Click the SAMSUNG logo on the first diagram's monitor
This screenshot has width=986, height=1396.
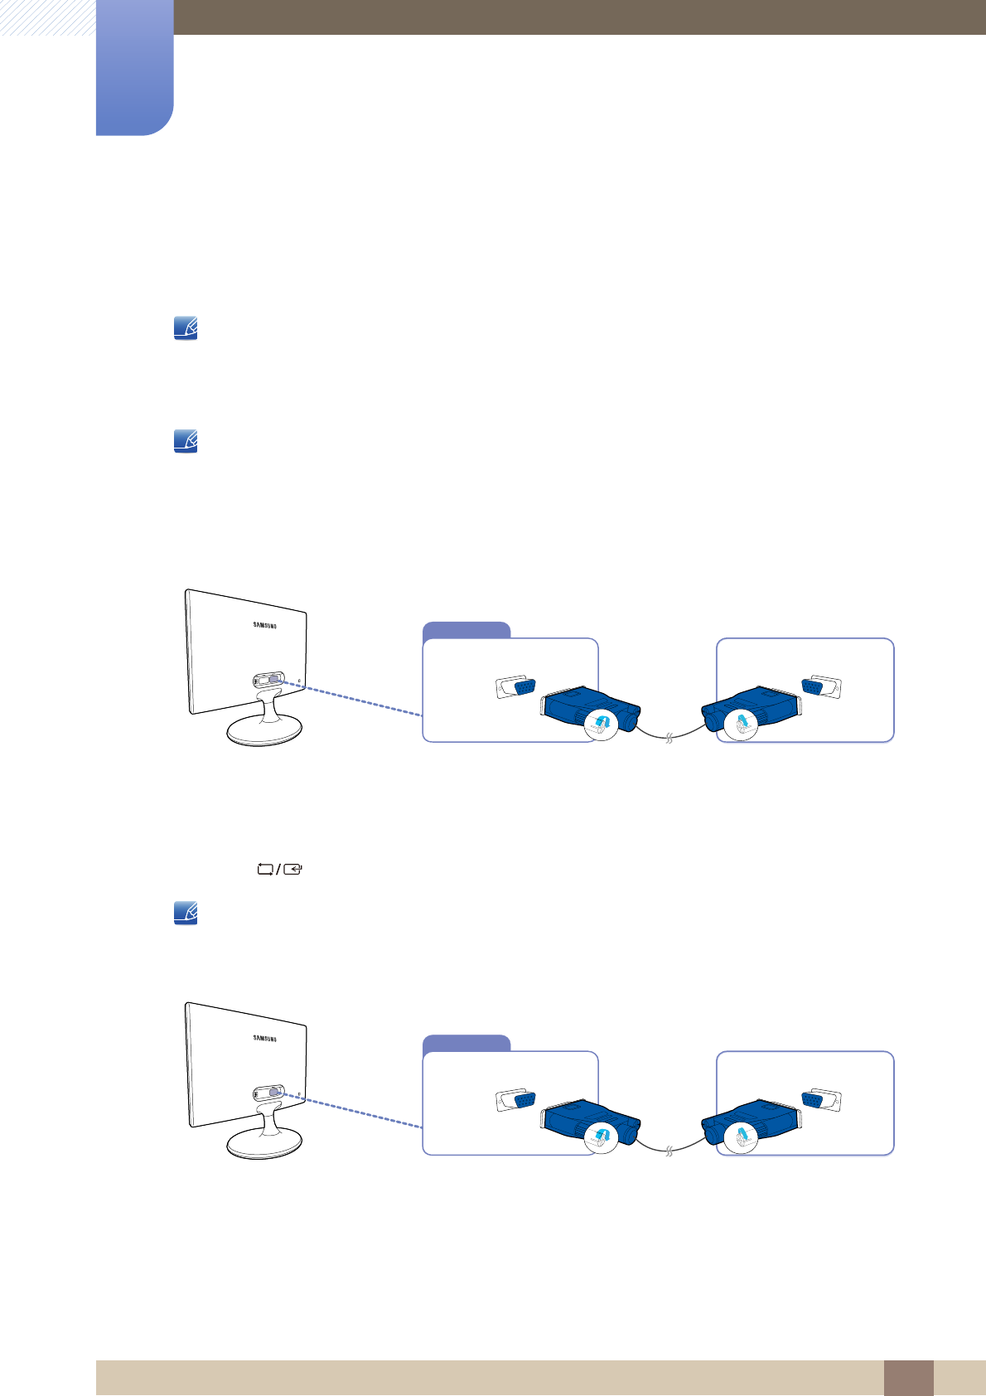(x=264, y=626)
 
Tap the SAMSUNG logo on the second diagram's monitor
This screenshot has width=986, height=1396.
(x=264, y=1039)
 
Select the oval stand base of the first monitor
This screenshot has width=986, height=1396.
(x=264, y=731)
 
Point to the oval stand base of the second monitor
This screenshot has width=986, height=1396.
(x=264, y=1144)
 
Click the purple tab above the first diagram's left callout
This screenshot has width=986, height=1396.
(x=466, y=630)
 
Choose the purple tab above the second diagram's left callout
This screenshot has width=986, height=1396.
(x=466, y=1043)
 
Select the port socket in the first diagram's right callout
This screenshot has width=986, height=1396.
(x=821, y=686)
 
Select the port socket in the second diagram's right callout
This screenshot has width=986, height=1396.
(x=821, y=1100)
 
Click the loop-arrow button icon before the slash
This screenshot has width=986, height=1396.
(x=265, y=870)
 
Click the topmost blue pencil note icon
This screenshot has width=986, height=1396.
(x=186, y=330)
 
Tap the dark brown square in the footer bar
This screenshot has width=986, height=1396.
(x=908, y=1378)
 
